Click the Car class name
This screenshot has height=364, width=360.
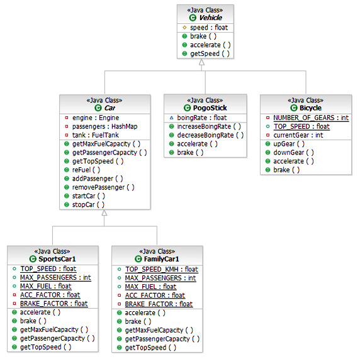click(x=109, y=108)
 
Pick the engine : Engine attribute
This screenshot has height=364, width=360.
click(x=95, y=118)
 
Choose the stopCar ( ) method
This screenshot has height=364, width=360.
click(x=88, y=204)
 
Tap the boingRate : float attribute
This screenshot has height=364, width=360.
click(x=201, y=118)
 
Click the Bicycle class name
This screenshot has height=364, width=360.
click(x=310, y=108)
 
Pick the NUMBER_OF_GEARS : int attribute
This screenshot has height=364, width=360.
click(x=310, y=118)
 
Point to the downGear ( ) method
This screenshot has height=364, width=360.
click(x=293, y=153)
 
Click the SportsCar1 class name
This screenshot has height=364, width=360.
click(x=57, y=259)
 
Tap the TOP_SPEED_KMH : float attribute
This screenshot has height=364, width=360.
click(x=161, y=269)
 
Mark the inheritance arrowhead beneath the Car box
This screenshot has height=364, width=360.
click(x=104, y=214)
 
